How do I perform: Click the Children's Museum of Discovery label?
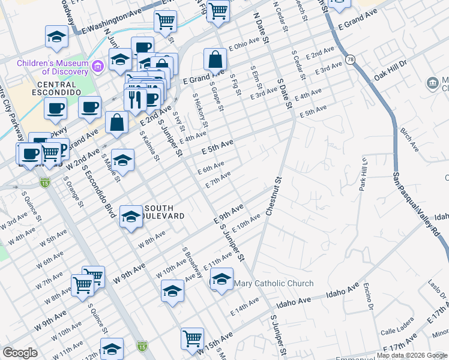tap(53, 63)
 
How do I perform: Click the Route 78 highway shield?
tap(350, 59)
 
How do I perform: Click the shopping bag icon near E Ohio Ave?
tap(215, 59)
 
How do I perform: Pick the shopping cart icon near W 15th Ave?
tap(192, 338)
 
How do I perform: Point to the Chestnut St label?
tap(273, 196)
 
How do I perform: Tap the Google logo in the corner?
tap(20, 353)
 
